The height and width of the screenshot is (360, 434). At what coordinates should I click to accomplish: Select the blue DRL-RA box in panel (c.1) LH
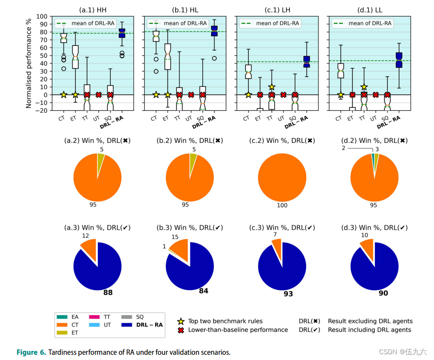point(307,61)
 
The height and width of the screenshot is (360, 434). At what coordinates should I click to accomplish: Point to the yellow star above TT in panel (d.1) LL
point(364,87)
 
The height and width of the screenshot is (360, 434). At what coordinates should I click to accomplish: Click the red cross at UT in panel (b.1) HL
point(191,95)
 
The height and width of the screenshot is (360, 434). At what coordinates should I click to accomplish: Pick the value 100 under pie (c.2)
point(283,205)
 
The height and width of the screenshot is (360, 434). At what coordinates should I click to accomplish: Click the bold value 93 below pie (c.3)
point(288,294)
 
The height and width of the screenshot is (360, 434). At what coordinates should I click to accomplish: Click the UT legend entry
point(103,325)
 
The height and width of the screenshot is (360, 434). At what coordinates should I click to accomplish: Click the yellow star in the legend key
point(181,321)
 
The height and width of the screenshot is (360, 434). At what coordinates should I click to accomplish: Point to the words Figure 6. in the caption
point(32,352)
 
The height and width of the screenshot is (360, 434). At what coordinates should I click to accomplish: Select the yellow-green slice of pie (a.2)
point(100,159)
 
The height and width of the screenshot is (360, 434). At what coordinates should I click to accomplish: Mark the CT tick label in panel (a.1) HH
point(62,118)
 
